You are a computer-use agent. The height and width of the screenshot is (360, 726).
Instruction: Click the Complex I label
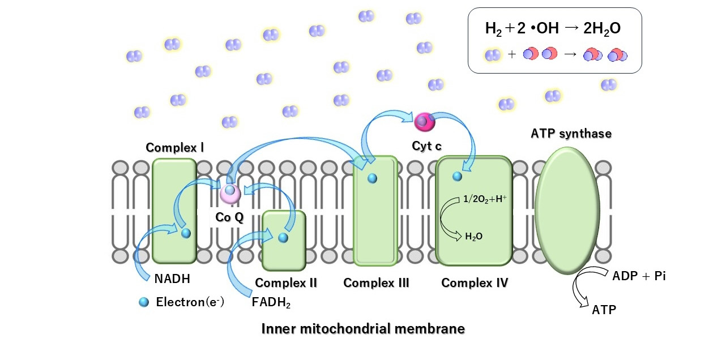tap(174, 148)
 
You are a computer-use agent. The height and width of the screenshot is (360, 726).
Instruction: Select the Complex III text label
tap(376, 282)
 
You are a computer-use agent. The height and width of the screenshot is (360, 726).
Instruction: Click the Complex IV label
tap(475, 282)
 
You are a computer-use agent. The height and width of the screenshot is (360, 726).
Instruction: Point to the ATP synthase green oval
tap(567, 209)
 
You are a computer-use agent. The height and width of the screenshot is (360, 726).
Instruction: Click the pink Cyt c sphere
tap(424, 121)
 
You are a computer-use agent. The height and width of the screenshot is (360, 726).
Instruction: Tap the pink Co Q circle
tap(230, 193)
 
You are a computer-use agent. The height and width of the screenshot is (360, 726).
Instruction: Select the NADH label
tap(172, 278)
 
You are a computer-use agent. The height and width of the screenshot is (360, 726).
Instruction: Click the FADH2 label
tap(271, 303)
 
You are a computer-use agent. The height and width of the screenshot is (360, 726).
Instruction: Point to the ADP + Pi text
tap(639, 276)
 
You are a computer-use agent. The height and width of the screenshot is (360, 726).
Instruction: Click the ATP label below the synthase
tap(604, 310)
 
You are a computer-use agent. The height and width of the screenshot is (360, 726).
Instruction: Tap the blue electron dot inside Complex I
tap(186, 233)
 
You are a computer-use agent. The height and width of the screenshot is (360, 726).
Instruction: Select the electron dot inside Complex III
tap(372, 178)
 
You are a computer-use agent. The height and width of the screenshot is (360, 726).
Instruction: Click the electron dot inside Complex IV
tap(457, 177)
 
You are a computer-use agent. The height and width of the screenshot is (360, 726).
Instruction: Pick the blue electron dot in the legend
tap(144, 303)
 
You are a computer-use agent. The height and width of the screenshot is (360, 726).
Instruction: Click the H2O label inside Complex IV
tap(473, 237)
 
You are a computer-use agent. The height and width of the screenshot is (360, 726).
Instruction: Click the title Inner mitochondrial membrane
tap(363, 329)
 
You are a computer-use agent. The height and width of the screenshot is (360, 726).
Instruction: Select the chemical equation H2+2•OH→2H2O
tap(553, 28)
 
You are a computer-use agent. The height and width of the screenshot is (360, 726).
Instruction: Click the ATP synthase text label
tap(571, 134)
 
